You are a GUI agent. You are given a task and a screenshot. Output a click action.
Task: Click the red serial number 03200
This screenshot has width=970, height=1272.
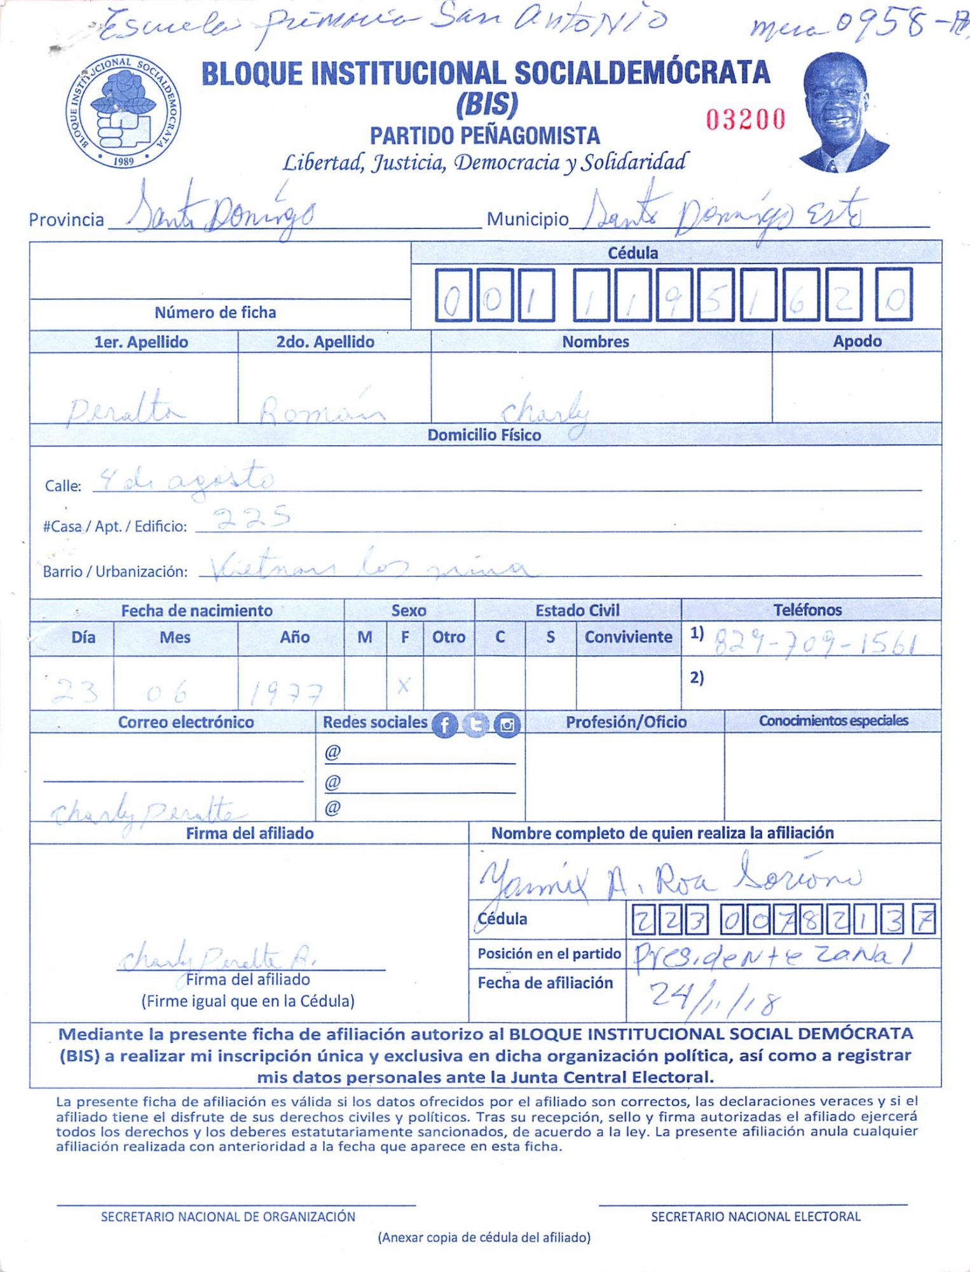(x=746, y=120)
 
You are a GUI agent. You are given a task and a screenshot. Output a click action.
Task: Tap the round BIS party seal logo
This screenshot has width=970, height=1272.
(x=123, y=112)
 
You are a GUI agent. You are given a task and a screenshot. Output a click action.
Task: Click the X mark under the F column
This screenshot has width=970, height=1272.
(x=404, y=685)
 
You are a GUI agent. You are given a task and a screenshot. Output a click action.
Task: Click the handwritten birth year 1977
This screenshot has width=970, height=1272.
(x=285, y=693)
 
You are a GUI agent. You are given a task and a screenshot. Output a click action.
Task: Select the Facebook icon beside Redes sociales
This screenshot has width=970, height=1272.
(x=444, y=724)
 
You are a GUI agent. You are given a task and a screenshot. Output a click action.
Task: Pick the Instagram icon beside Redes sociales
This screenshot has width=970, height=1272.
(x=507, y=724)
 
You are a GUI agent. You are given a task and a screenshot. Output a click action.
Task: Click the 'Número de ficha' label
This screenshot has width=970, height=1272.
(x=215, y=312)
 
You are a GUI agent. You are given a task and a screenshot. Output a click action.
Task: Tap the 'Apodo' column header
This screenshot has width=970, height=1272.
(x=857, y=341)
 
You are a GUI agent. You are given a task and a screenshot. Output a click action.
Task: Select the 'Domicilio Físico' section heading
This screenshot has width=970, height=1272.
(x=484, y=435)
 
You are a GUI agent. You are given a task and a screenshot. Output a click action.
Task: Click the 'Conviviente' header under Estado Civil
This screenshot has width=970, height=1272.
(x=628, y=637)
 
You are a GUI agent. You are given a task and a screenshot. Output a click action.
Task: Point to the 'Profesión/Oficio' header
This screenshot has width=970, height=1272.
(x=626, y=722)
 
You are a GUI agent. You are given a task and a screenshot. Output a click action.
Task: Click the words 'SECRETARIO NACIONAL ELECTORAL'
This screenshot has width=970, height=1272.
(x=755, y=1217)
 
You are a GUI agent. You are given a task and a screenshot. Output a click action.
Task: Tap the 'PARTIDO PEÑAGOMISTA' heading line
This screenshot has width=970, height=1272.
(x=484, y=136)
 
